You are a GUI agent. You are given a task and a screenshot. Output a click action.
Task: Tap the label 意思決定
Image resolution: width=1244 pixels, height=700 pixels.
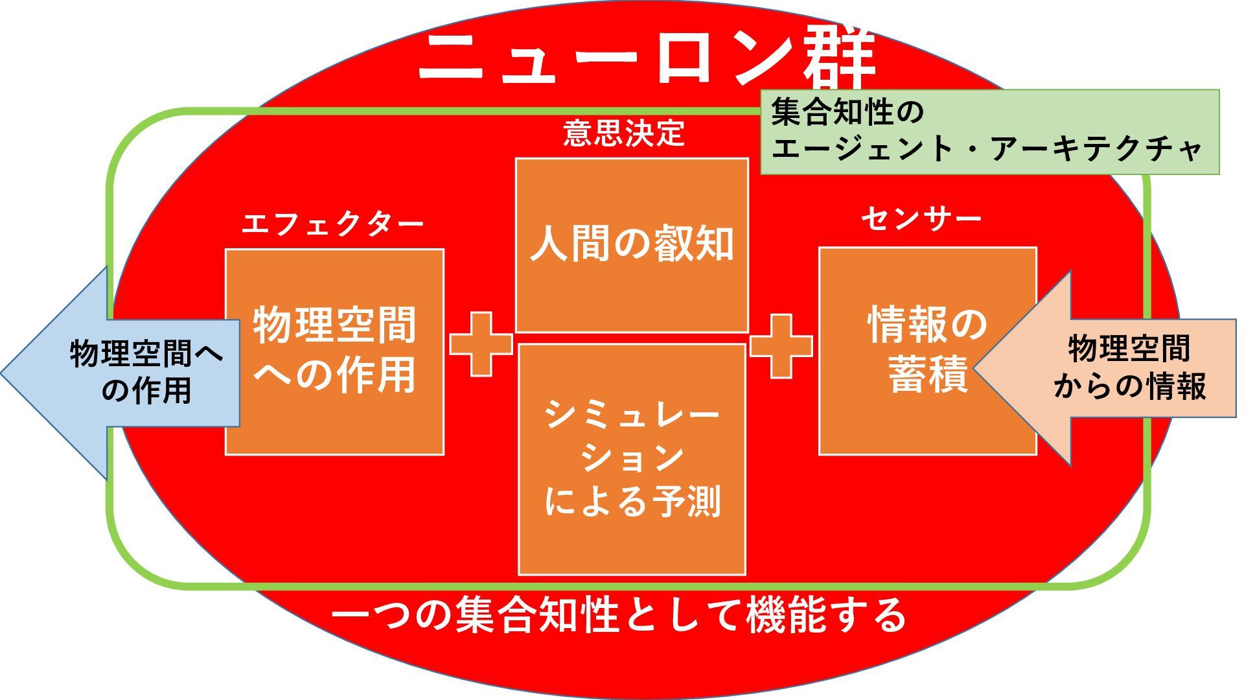coord(623,134)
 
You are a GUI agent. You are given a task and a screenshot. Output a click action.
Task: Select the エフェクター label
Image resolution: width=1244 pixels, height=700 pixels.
coord(332,224)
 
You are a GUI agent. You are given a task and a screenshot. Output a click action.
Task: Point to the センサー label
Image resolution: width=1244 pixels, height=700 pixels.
coord(921,219)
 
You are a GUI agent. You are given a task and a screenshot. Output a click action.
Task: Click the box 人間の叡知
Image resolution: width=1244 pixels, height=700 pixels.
coord(632,245)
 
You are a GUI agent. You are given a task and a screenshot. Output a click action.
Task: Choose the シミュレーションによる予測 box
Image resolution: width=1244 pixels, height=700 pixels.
coord(632,459)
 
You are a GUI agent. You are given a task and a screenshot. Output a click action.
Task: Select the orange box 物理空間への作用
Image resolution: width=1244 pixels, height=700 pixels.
coord(334,352)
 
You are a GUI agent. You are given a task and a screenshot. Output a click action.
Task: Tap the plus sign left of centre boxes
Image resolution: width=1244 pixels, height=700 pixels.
coord(481,344)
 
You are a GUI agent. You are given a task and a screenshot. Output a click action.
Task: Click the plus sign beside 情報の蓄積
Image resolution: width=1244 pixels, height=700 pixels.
coord(781,346)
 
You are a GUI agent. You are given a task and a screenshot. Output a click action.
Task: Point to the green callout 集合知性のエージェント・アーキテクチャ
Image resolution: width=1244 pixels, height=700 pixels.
coord(989,132)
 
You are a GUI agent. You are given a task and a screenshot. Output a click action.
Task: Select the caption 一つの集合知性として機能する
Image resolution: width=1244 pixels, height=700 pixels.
coord(619,614)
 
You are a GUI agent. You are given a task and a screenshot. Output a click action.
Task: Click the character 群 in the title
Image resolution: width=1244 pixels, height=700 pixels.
coord(840,57)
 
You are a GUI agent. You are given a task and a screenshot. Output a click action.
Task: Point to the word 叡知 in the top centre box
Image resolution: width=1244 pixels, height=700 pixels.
coord(694,245)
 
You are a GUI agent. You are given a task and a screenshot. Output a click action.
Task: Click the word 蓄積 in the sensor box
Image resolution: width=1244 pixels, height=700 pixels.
coord(928,375)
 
